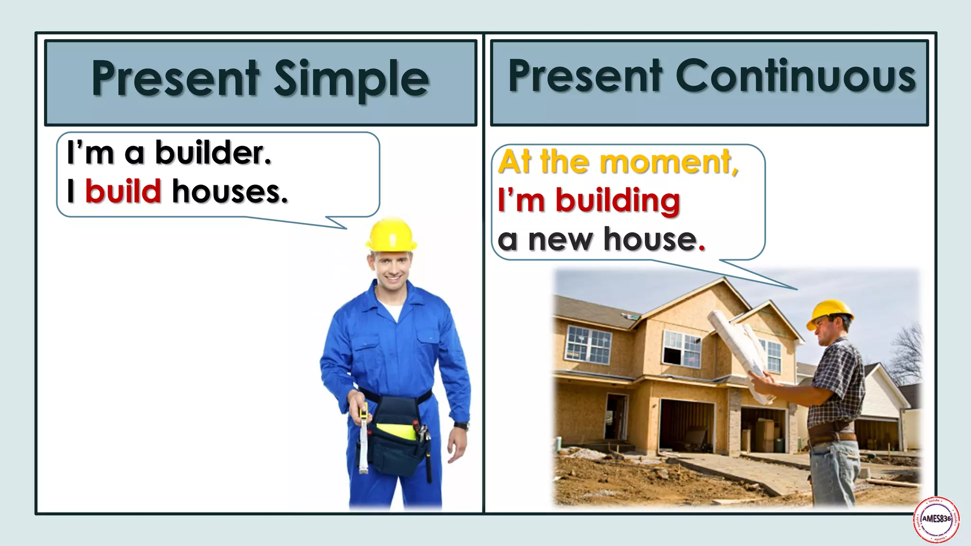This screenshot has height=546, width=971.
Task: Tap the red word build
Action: (x=123, y=191)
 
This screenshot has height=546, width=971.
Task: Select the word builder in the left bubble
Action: (x=213, y=153)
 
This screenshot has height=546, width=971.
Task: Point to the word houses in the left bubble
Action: (x=229, y=191)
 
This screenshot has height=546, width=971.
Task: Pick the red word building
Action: (x=617, y=200)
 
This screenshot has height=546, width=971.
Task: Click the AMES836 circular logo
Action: (x=936, y=519)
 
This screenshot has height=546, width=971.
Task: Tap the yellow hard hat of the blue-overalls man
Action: (x=391, y=235)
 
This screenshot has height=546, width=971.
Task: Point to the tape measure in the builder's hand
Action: (x=363, y=436)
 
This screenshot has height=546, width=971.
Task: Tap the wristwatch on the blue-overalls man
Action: (x=461, y=426)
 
